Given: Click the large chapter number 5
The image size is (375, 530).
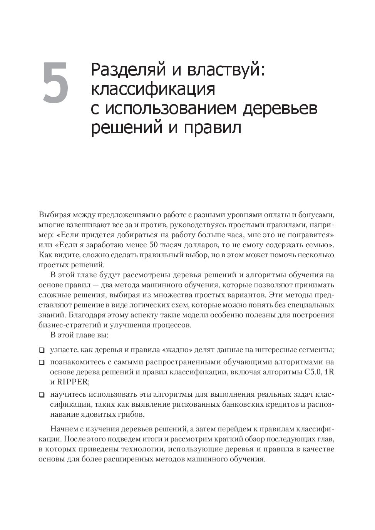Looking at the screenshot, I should (x=55, y=82).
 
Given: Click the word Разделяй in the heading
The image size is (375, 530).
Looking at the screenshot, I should (x=123, y=70).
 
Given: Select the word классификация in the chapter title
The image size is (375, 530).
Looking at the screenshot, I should (x=153, y=89).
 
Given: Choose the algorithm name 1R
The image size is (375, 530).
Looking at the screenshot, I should (x=329, y=372).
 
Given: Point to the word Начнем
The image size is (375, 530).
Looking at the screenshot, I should (x=62, y=429).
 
